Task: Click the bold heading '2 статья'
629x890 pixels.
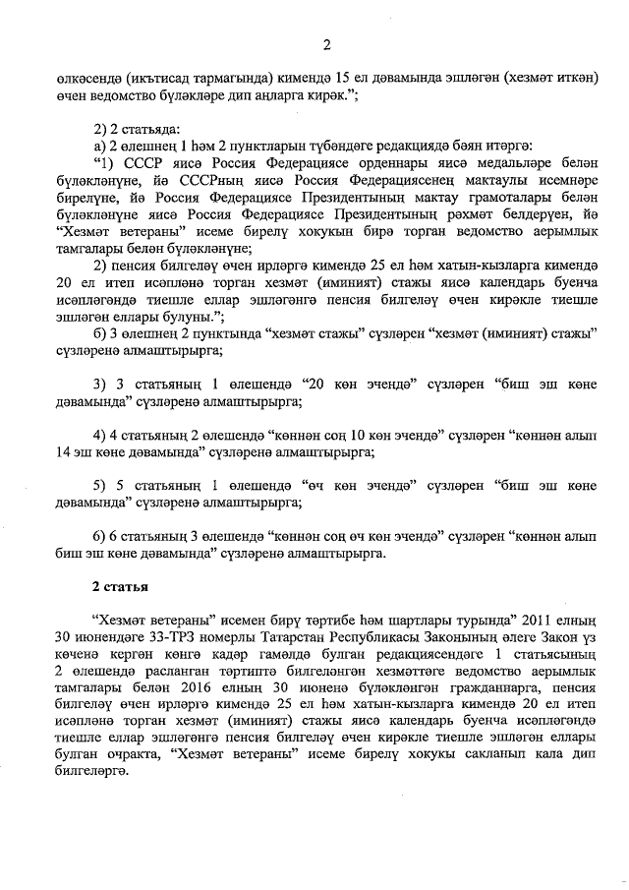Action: coord(120,587)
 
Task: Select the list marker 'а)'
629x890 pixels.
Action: coord(99,147)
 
